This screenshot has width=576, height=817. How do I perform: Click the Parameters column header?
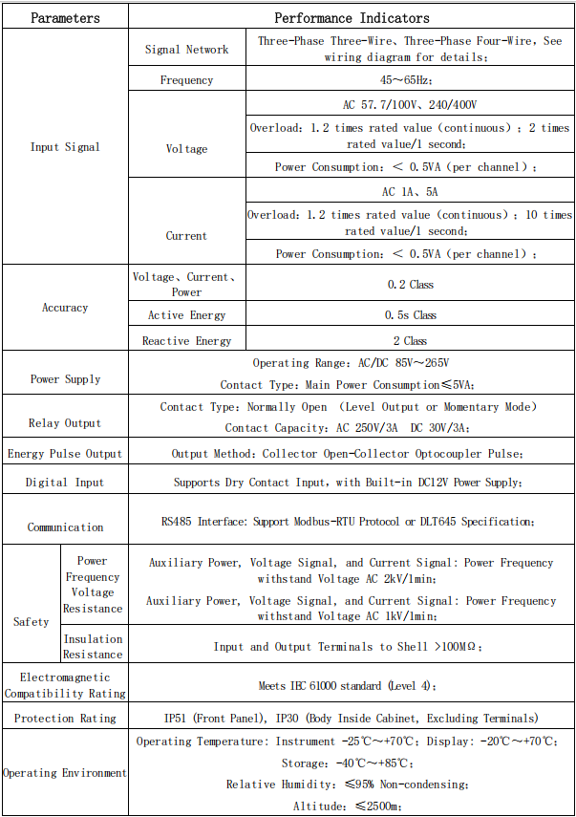click(65, 18)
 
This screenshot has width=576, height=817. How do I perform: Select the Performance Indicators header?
click(352, 18)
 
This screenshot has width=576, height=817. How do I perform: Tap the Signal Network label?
click(186, 50)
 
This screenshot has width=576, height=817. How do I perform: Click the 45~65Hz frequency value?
click(409, 80)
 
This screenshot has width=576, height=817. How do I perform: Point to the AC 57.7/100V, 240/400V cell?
click(409, 104)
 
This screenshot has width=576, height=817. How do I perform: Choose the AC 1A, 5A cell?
click(409, 192)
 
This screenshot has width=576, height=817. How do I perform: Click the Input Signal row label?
click(65, 147)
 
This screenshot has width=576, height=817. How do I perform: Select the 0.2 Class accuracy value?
click(410, 285)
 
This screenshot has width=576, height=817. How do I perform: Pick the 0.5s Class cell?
click(410, 315)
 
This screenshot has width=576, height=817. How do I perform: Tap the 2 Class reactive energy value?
click(410, 341)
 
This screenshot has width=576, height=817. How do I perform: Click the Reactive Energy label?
click(186, 341)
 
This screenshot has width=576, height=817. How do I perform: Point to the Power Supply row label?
click(65, 379)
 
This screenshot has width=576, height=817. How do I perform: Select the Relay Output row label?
click(65, 423)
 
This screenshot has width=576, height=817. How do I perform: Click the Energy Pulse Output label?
click(65, 454)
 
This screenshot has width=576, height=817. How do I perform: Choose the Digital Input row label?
click(65, 483)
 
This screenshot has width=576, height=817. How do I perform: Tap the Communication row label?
click(65, 527)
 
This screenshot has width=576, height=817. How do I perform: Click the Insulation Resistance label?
click(93, 647)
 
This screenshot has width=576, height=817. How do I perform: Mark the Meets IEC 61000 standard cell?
click(352, 686)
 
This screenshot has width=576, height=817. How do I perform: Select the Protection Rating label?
click(65, 719)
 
